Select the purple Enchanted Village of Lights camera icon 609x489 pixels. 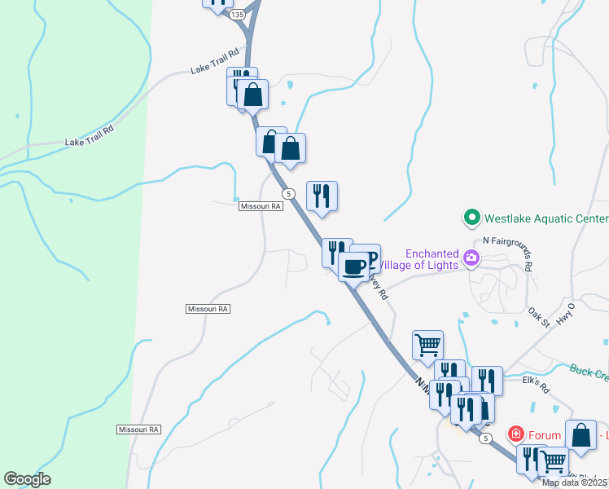(x=471, y=258)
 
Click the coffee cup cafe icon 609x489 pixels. (x=353, y=267)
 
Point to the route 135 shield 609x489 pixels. (x=237, y=15)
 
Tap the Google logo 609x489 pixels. (x=27, y=479)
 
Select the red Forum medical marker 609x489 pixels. (x=515, y=434)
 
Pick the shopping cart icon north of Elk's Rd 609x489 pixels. (x=427, y=344)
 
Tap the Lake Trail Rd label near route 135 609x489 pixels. (x=215, y=61)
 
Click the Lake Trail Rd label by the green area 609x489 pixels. (x=89, y=136)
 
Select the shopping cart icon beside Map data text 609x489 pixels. (x=553, y=461)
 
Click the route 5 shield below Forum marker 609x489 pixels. (x=486, y=438)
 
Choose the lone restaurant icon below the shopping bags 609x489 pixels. (x=322, y=196)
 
